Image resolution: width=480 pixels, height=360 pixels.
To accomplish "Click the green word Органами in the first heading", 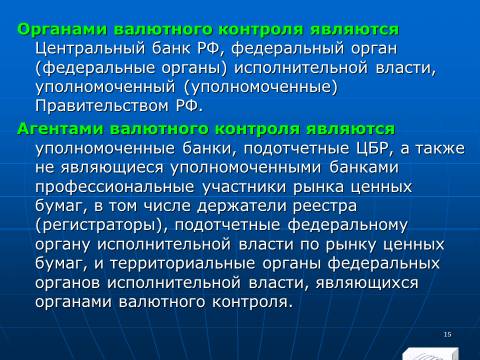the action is click(62, 30).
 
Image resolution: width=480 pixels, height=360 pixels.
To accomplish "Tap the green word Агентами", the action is click(60, 129).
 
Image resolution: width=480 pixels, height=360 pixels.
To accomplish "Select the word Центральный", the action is click(90, 49).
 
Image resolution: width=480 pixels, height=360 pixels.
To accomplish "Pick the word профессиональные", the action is click(115, 188).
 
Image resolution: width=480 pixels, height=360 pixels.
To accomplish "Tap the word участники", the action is click(244, 187).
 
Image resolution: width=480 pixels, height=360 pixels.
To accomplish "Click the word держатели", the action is click(242, 207).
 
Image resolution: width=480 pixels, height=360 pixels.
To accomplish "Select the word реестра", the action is click(325, 207).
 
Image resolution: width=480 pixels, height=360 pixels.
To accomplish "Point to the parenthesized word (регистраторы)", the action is click(101, 226).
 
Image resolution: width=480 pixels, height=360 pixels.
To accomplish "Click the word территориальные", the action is click(183, 264).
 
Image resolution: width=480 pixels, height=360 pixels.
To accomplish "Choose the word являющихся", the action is click(367, 284).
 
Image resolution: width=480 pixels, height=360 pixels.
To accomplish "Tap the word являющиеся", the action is click(112, 168).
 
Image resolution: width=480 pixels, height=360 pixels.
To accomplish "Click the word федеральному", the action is click(348, 226).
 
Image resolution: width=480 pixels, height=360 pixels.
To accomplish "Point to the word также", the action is click(440, 149).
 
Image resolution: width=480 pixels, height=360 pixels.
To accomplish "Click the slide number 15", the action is click(448, 334).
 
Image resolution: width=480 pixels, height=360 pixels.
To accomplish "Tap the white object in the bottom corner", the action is click(431, 354).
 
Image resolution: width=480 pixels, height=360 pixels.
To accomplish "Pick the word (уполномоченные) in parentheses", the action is click(260, 87).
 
